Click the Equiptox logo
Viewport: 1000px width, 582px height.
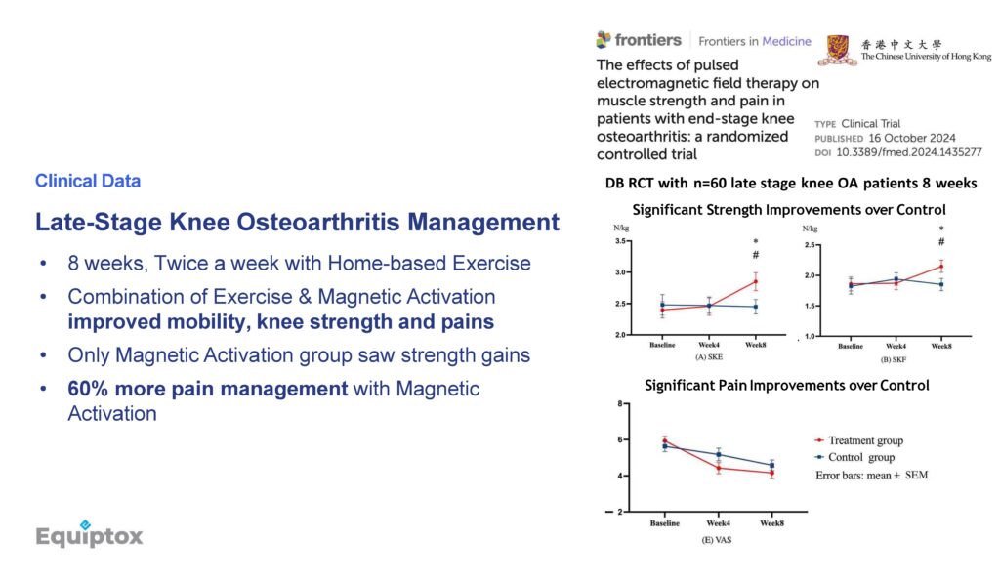click(x=89, y=534)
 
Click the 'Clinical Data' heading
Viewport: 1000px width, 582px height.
click(x=88, y=181)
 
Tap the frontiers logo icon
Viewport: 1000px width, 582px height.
click(x=604, y=39)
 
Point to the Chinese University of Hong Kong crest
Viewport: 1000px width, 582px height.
click(x=837, y=51)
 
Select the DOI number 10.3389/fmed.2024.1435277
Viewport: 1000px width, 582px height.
click(x=909, y=152)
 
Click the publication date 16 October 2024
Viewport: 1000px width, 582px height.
click(x=912, y=138)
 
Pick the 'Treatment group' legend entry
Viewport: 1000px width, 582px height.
click(x=859, y=440)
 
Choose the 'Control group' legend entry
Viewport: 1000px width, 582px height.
click(x=854, y=457)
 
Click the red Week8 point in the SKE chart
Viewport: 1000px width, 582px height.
click(x=756, y=281)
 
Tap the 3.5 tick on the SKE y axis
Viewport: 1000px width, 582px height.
click(x=620, y=241)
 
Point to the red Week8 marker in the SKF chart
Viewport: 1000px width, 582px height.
click(x=941, y=267)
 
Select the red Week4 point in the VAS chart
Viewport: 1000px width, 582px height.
click(x=719, y=468)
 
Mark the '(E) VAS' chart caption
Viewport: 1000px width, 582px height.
click(x=717, y=540)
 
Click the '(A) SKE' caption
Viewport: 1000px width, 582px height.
click(x=709, y=357)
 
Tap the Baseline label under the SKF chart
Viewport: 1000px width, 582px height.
click(x=851, y=346)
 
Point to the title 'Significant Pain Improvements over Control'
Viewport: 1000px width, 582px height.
click(x=786, y=385)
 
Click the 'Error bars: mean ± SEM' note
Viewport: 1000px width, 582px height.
click(x=872, y=475)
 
